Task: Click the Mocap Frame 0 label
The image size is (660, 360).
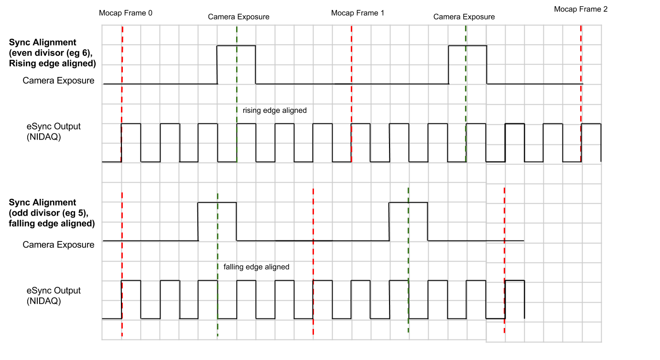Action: click(126, 13)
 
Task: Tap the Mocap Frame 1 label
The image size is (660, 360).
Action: click(357, 13)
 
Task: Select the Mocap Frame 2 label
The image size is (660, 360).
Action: click(581, 9)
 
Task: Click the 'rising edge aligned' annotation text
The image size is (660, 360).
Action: click(274, 110)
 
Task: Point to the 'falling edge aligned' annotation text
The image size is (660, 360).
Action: click(256, 267)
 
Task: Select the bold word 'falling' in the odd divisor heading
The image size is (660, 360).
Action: click(22, 223)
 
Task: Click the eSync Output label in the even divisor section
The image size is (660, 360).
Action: click(54, 127)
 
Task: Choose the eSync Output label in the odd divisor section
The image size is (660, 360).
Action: click(54, 291)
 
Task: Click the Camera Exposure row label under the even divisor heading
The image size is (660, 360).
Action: click(58, 81)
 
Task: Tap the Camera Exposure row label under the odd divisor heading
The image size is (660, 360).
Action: click(58, 245)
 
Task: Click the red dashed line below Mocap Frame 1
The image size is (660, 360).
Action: click(351, 96)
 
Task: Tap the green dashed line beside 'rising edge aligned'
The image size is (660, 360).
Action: click(237, 110)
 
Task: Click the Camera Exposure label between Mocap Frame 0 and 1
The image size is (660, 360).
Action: click(238, 17)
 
